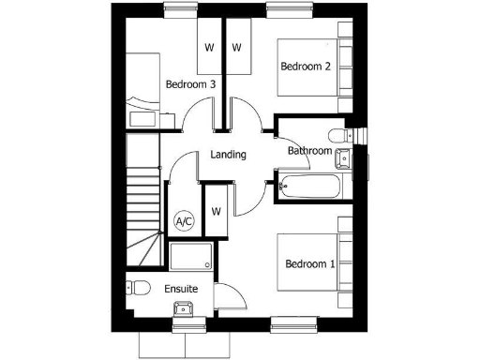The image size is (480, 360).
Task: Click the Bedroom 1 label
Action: [310, 263]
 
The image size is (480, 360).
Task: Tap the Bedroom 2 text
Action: [306, 66]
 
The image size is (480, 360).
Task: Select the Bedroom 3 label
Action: [190, 84]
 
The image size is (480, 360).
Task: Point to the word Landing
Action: [229, 155]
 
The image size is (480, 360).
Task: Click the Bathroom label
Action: [309, 150]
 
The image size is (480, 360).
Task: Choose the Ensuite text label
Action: [181, 289]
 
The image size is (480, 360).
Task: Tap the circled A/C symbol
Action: [184, 222]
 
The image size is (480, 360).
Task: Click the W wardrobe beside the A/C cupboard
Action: [216, 211]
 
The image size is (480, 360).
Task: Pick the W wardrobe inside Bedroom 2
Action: [236, 47]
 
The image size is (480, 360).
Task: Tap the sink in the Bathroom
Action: [343, 159]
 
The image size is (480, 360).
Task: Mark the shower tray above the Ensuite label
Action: [192, 256]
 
